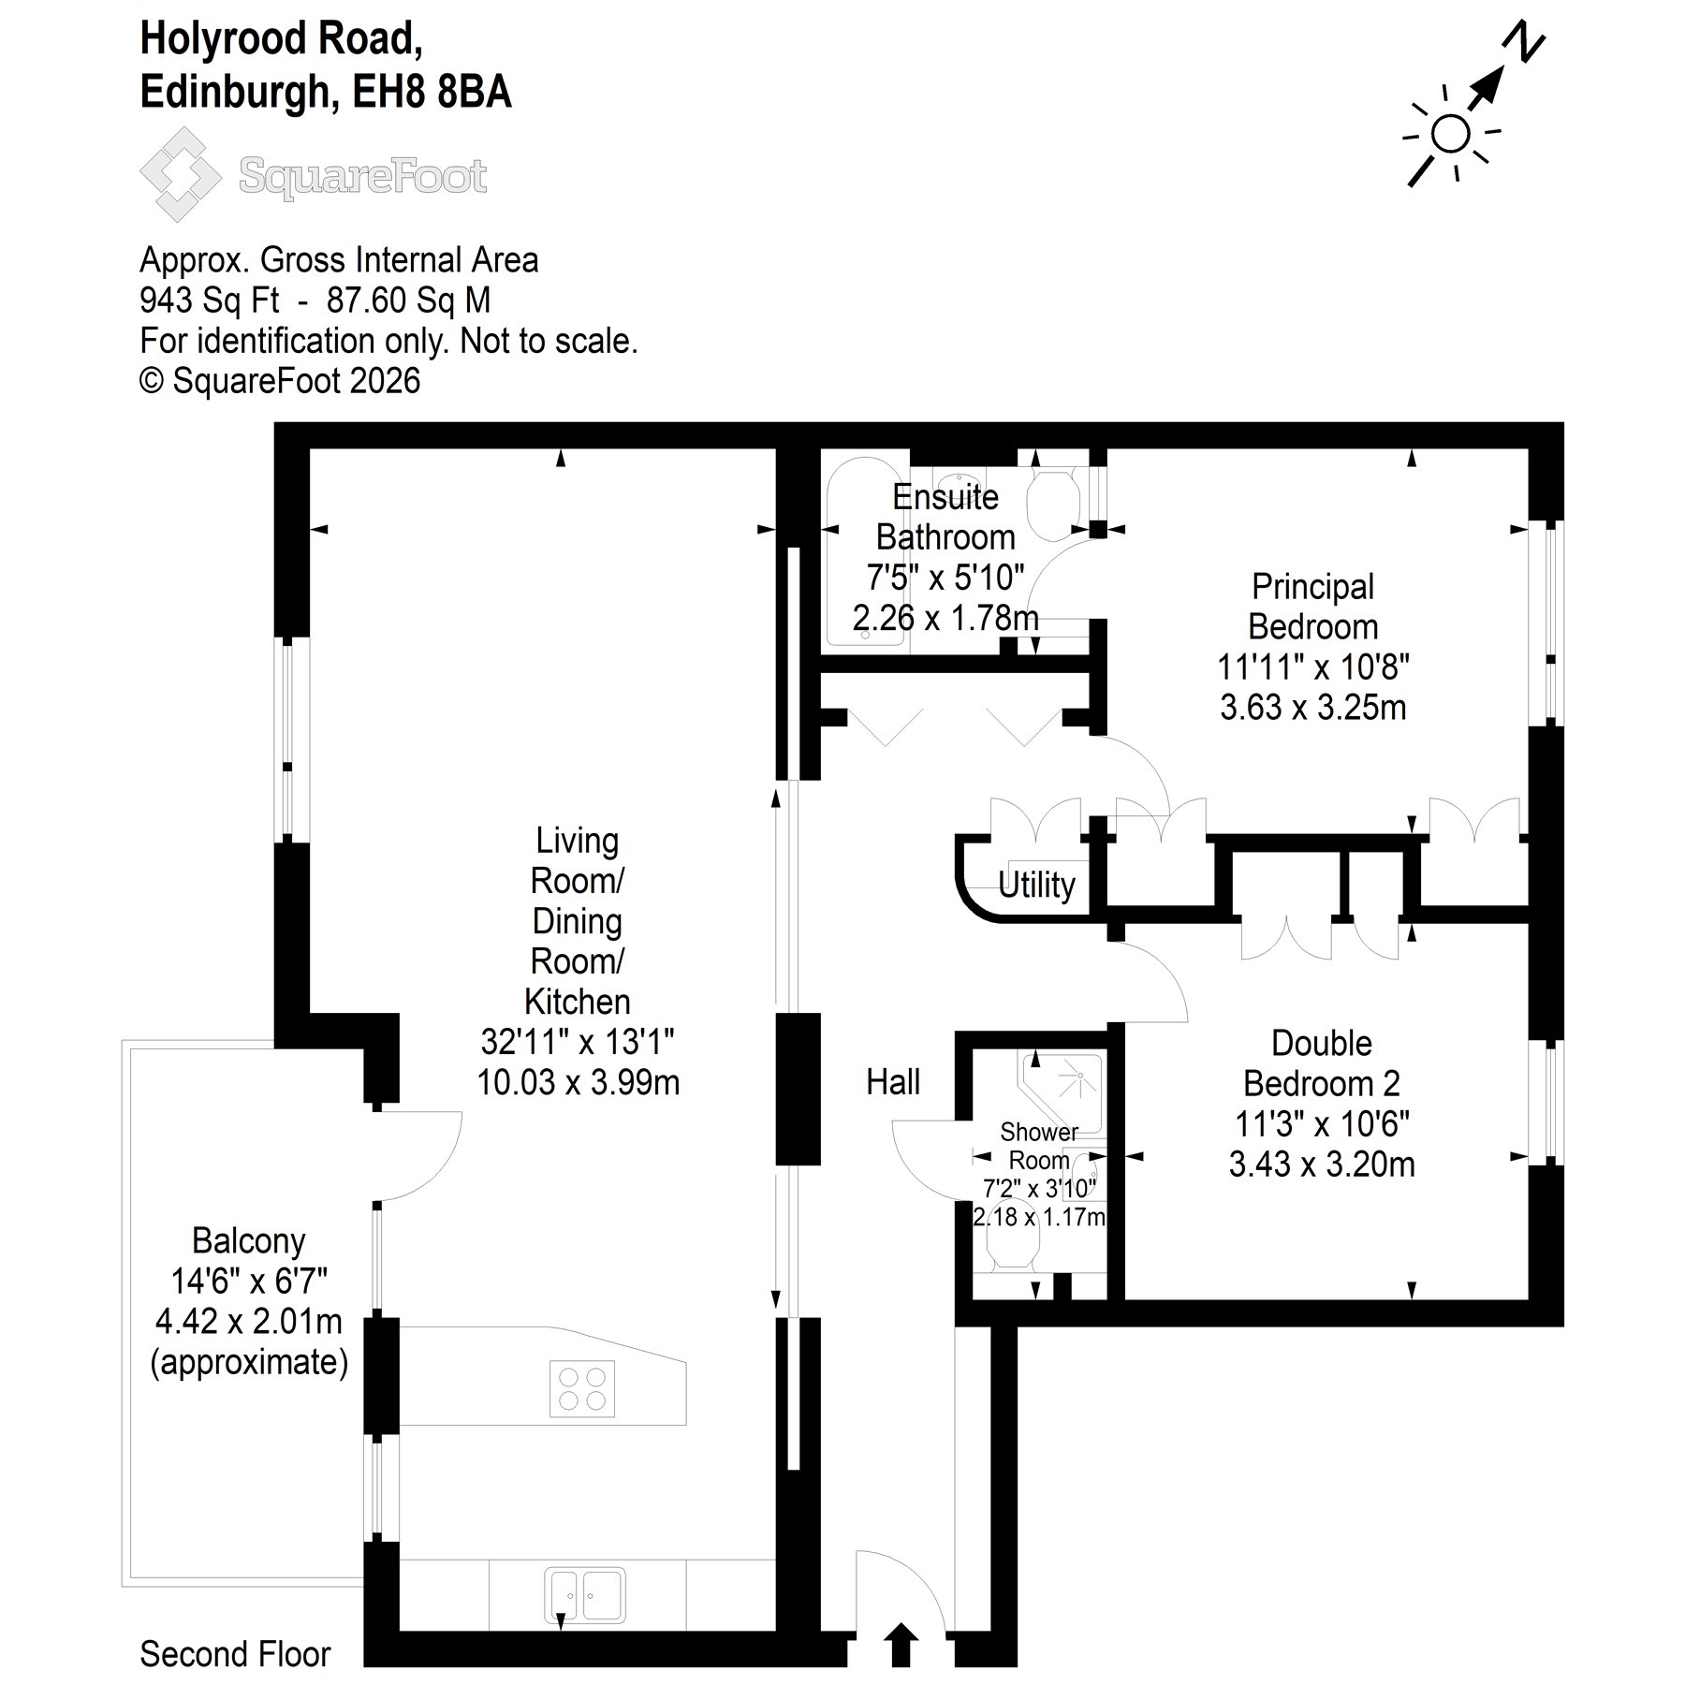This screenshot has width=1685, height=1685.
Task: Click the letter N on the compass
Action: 1524,42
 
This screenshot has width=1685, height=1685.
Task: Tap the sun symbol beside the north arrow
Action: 1450,134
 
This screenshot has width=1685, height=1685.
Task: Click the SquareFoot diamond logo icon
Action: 181,174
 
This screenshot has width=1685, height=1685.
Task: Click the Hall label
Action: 893,1082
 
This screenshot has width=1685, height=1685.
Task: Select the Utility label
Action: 1036,885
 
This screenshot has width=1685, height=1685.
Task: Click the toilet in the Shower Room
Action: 1013,1240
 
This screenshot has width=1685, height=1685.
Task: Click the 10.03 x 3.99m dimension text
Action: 579,1082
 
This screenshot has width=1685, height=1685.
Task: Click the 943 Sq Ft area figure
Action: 209,300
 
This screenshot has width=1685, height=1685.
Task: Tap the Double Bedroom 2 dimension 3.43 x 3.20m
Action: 1322,1164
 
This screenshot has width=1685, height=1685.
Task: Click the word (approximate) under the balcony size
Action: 249,1362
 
